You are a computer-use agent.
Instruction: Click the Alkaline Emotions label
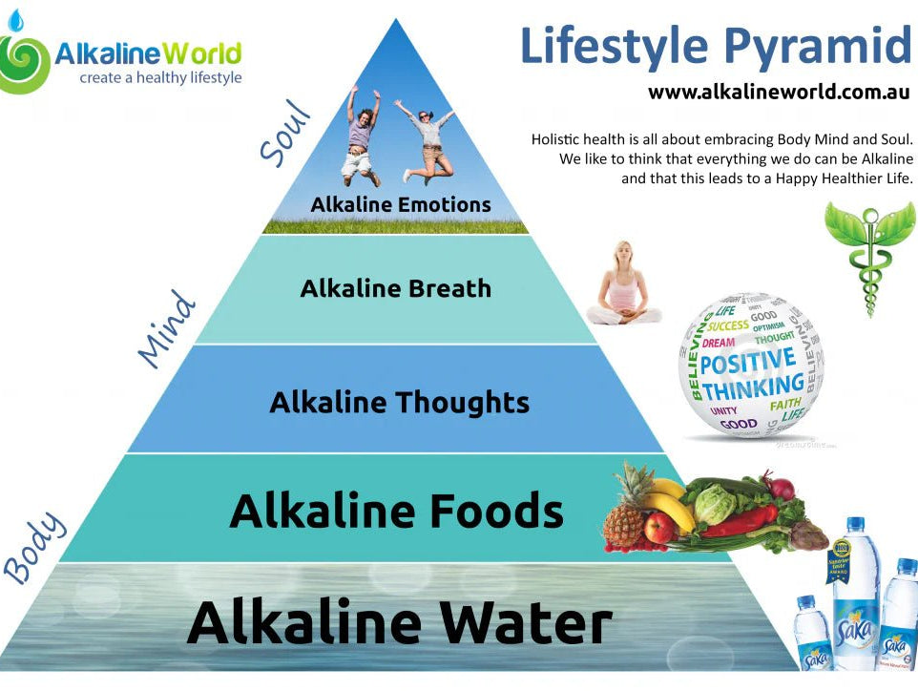click(401, 204)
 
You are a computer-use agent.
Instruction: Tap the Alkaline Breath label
click(395, 288)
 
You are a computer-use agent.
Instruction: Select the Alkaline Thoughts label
click(399, 402)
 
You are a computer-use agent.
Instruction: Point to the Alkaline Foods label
click(396, 511)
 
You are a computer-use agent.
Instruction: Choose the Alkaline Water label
click(399, 622)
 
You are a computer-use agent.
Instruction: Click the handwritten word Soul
click(286, 134)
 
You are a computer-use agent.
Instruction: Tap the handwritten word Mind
click(167, 329)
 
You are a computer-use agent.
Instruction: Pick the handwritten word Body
click(35, 547)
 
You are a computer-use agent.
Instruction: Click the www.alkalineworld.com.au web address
click(778, 93)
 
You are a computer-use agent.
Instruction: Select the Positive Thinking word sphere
click(751, 366)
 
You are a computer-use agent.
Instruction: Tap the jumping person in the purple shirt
click(360, 136)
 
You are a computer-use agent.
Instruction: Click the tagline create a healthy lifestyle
click(160, 77)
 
